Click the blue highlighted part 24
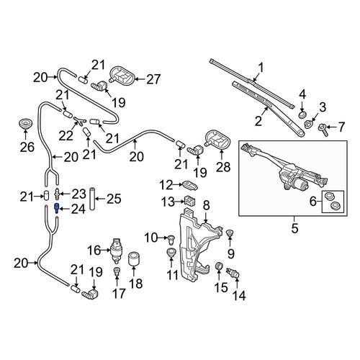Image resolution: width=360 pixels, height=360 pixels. (x=57, y=208)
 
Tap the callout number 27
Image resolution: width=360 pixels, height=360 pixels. (x=153, y=79)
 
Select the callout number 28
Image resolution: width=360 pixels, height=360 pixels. (x=223, y=167)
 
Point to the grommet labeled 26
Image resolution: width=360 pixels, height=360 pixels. (x=25, y=124)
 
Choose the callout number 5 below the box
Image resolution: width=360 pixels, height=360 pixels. (x=294, y=228)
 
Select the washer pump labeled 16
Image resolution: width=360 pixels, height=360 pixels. (x=116, y=251)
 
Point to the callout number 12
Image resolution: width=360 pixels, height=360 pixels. (x=166, y=185)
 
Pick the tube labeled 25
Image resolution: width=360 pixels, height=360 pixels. (x=93, y=199)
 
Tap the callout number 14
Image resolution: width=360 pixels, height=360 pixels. (x=239, y=296)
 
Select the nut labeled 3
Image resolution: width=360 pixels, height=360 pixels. (x=308, y=124)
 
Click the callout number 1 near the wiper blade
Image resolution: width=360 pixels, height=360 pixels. (x=261, y=68)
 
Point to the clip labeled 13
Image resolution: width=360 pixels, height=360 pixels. (x=189, y=201)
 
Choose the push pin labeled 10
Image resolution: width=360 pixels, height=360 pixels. (x=171, y=239)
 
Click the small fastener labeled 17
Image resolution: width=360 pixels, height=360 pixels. (x=117, y=271)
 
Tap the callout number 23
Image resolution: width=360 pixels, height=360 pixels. (x=79, y=194)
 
